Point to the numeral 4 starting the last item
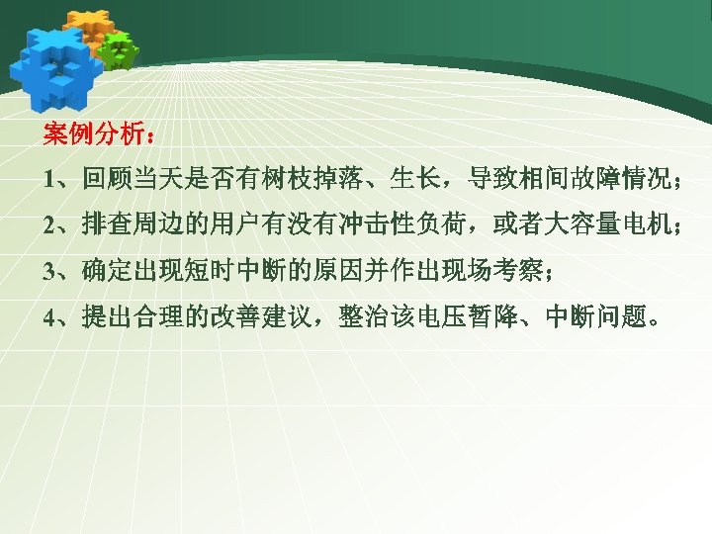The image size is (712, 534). pyautogui.click(x=49, y=317)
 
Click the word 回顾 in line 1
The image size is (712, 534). pyautogui.click(x=108, y=179)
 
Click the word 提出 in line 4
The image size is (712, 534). pyautogui.click(x=108, y=317)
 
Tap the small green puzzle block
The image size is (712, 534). pyautogui.click(x=118, y=49)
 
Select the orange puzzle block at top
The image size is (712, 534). pyautogui.click(x=90, y=27)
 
